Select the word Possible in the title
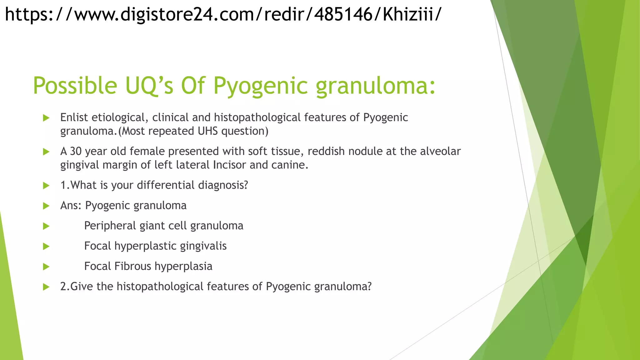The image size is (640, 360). pos(75,86)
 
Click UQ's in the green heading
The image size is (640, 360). pos(149,86)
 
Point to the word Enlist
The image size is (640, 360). pos(74,117)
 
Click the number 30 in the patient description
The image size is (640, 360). pos(76,151)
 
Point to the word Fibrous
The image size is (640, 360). pos(132,266)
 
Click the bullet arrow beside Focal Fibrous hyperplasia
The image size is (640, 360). pos(46,267)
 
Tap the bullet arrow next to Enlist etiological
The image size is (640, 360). pos(46,118)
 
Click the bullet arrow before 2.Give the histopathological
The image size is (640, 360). pos(46,287)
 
